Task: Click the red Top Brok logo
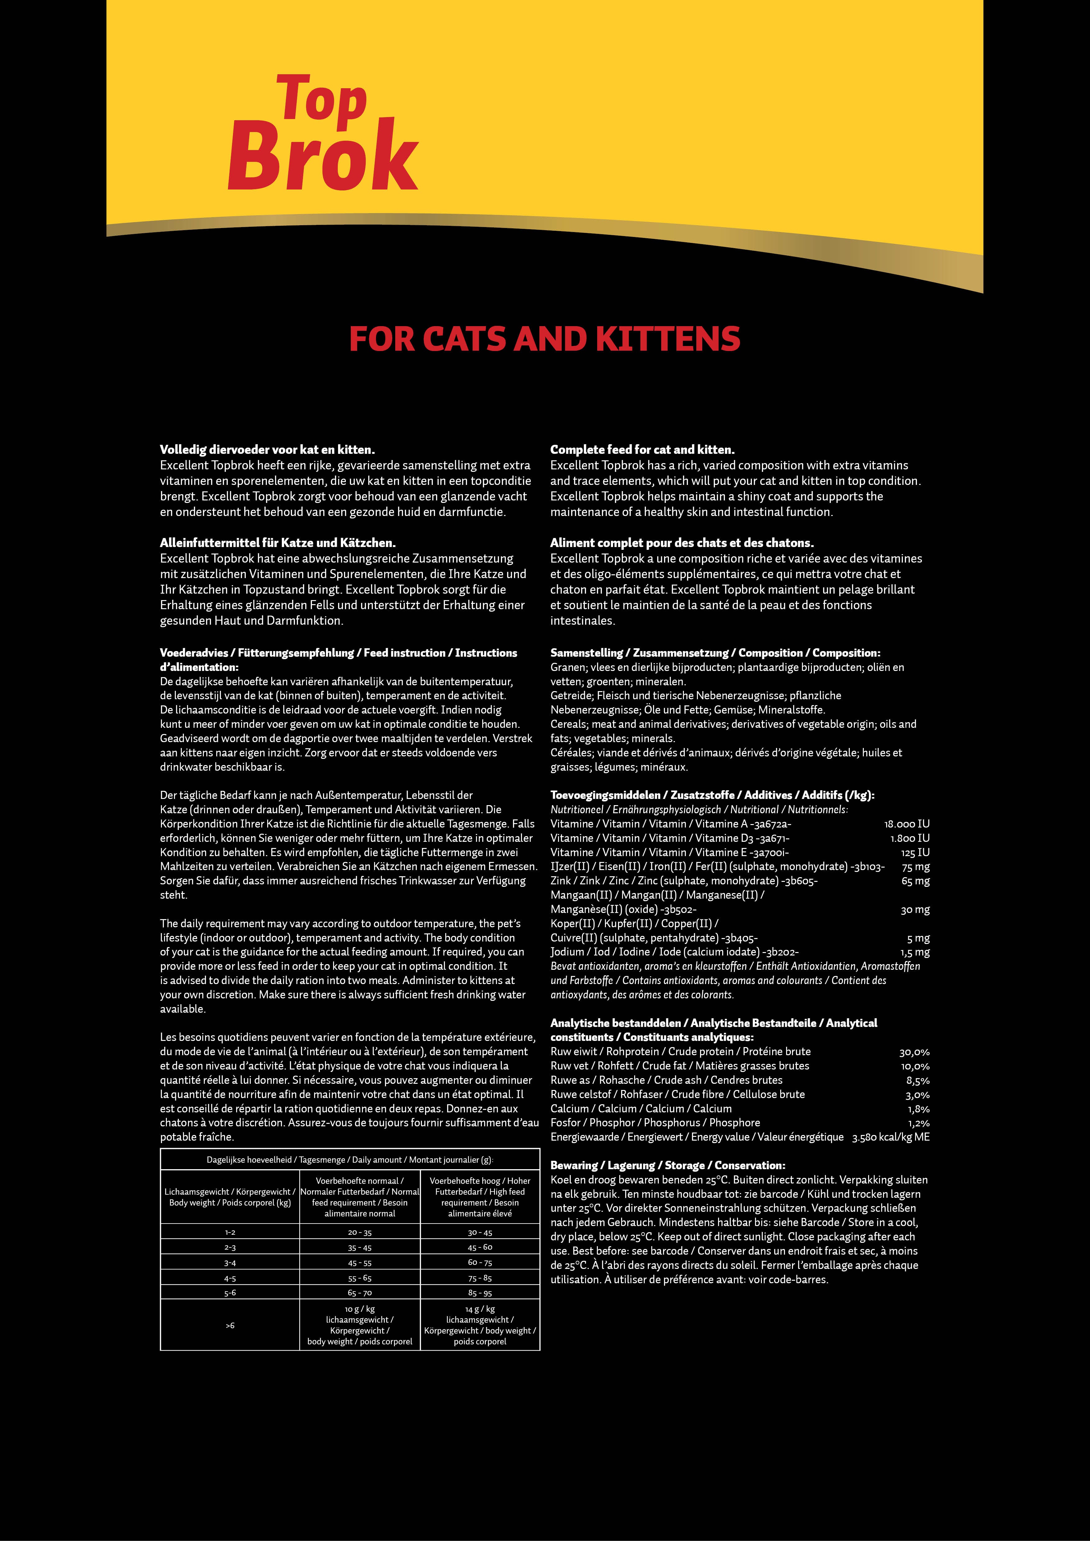tap(322, 134)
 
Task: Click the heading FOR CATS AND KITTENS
tap(544, 339)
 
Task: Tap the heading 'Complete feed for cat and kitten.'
tap(642, 450)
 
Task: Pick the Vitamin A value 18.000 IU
tap(907, 823)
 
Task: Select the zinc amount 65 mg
tap(915, 881)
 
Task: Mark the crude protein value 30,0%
tap(914, 1052)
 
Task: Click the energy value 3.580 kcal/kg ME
tap(891, 1137)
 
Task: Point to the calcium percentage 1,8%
tap(918, 1109)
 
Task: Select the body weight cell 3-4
tap(230, 1262)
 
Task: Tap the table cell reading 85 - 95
tap(480, 1293)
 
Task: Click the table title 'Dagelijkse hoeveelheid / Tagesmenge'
tap(350, 1160)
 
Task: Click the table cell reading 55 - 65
tap(360, 1278)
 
